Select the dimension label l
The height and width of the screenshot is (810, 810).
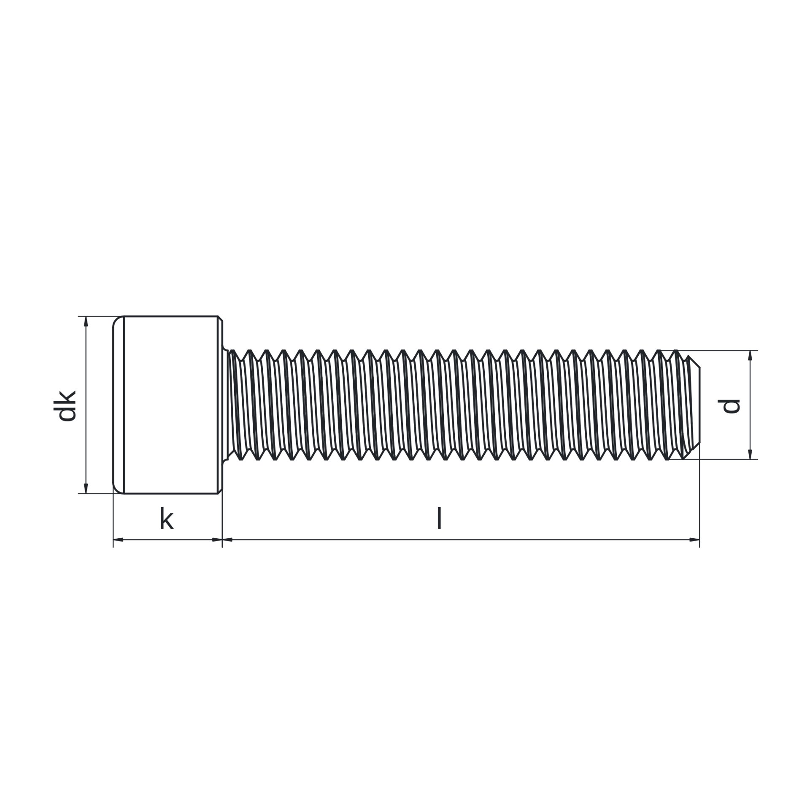(439, 518)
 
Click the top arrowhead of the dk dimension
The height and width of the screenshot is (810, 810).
(86, 321)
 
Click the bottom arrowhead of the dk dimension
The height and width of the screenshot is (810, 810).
(86, 488)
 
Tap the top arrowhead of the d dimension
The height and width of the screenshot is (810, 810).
(750, 356)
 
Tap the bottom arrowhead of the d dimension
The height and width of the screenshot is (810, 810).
(750, 454)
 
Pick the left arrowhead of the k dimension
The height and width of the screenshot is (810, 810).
(119, 540)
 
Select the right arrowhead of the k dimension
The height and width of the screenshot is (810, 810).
(217, 540)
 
